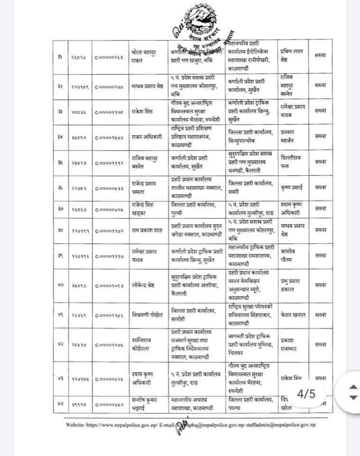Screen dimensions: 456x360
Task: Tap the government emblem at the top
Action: tap(194, 21)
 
